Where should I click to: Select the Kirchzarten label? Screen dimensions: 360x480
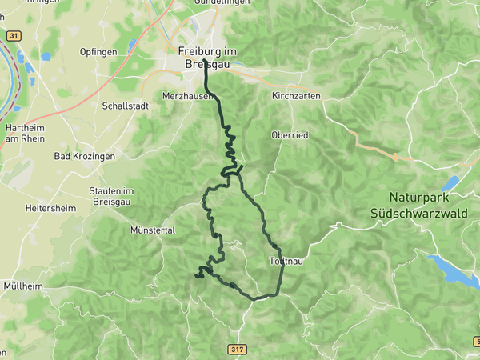[x=296, y=95]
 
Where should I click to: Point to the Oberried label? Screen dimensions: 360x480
[x=290, y=135]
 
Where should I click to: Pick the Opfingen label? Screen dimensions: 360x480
[x=98, y=52]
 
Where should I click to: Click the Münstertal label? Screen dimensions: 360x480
[x=152, y=230]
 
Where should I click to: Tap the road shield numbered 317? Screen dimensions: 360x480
[x=237, y=350]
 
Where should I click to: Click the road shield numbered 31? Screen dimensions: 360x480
[x=12, y=36]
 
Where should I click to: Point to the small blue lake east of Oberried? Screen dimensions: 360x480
[x=450, y=184]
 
